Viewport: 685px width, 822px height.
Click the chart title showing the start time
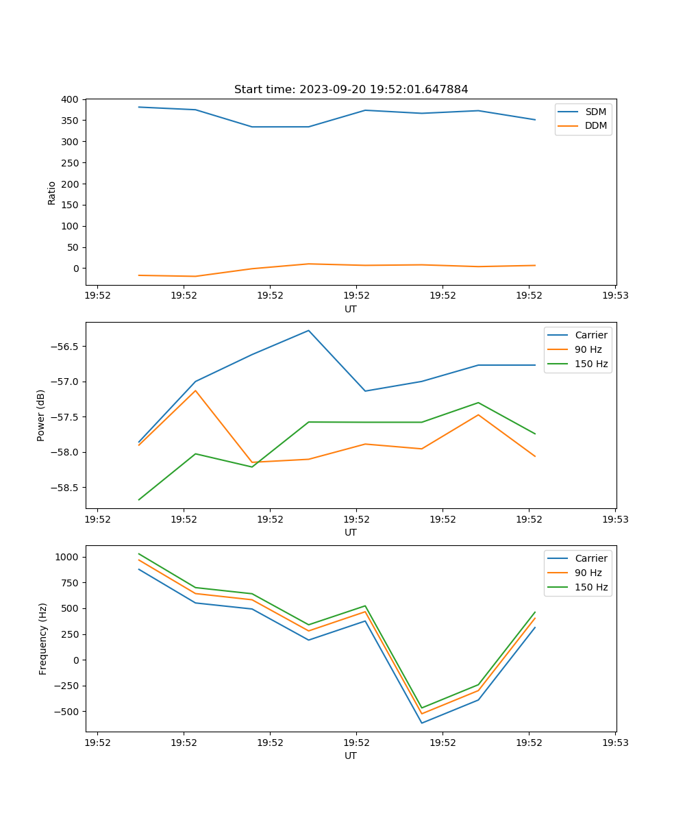coord(351,90)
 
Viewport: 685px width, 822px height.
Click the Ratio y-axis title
coord(51,192)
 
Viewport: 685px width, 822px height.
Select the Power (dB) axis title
coord(41,415)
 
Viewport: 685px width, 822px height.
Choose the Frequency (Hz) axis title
coord(42,638)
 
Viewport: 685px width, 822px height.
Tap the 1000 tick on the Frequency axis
coord(68,557)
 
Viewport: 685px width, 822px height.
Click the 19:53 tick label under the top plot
coord(615,296)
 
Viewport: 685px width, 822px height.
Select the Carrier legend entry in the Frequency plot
coord(590,558)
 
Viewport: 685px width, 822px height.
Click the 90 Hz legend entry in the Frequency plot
coord(588,573)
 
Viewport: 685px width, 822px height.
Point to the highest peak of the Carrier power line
coord(308,330)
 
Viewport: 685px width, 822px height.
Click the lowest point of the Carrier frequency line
coord(421,723)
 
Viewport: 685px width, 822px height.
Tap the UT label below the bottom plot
coord(351,756)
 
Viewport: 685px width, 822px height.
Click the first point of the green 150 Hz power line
coord(139,499)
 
